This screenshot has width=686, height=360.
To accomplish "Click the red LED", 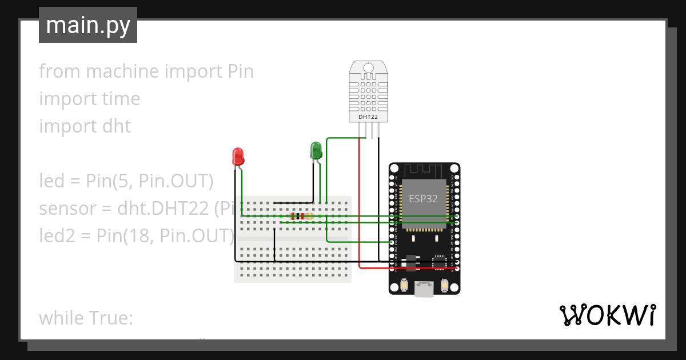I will pos(238,155).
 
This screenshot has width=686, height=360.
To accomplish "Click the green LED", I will pos(316,150).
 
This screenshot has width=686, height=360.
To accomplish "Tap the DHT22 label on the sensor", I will pos(368,117).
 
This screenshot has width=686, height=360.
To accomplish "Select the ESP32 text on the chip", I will pos(424,198).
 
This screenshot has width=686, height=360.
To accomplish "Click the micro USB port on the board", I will pos(424,290).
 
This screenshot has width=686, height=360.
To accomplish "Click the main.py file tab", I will pos(88,25).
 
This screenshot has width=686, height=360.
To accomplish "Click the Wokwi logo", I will pos(607,315).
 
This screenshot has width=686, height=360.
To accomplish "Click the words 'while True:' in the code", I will pos(86,318).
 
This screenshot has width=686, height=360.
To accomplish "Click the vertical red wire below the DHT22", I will pos(359,200).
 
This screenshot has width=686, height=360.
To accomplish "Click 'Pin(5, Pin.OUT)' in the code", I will pos(149,181).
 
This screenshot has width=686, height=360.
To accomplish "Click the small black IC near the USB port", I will pos(438,262).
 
